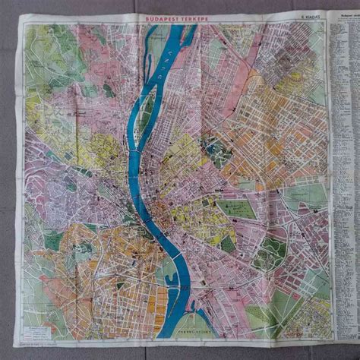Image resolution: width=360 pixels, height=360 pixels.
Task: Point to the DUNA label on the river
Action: point(176,57)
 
